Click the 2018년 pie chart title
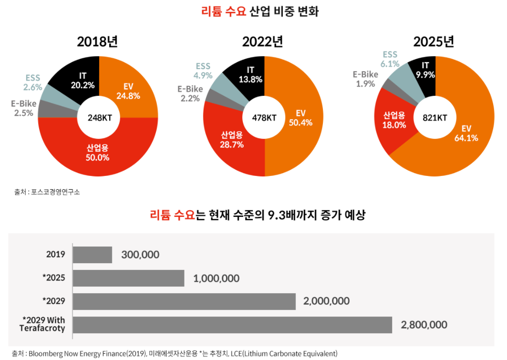pyautogui.click(x=97, y=42)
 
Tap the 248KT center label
pyautogui.click(x=100, y=117)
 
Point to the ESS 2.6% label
pyautogui.click(x=33, y=82)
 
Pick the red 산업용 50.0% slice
pyautogui.click(x=97, y=153)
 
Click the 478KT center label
pyautogui.click(x=264, y=117)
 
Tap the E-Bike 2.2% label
pyautogui.click(x=190, y=93)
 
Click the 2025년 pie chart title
pyautogui.click(x=434, y=42)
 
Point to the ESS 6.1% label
pyautogui.click(x=389, y=59)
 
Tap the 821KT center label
pyautogui.click(x=435, y=117)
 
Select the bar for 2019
pyautogui.click(x=93, y=255)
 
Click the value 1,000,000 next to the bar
pyautogui.click(x=216, y=278)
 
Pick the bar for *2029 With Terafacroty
pyautogui.click(x=232, y=325)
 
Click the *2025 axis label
pyautogui.click(x=54, y=278)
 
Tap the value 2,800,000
pyautogui.click(x=424, y=325)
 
